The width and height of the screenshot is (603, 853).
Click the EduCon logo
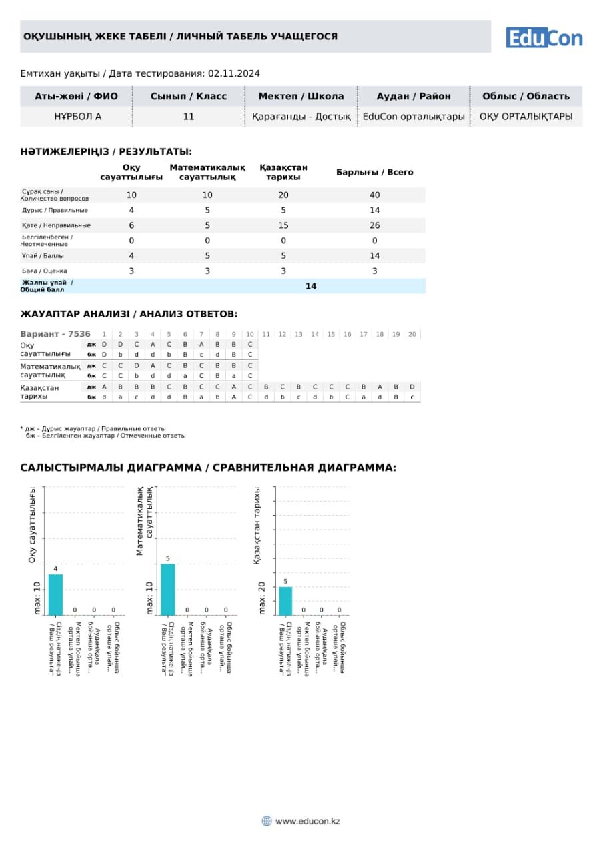[x=544, y=37]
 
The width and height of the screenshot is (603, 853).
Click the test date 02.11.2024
[x=233, y=73]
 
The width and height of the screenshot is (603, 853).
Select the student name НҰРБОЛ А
[x=77, y=117]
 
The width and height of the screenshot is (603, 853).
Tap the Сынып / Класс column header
[x=189, y=96]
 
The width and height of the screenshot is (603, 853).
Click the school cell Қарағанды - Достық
[x=301, y=117]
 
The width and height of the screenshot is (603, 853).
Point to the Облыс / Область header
[x=526, y=96]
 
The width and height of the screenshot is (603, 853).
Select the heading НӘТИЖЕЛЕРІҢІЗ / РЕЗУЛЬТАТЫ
[x=106, y=152]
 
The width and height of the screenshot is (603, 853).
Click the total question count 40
[x=374, y=195]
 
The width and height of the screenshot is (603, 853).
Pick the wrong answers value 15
[x=283, y=225]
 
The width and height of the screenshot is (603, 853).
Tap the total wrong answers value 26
[x=374, y=225]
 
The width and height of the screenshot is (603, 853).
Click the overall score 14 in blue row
[x=311, y=286]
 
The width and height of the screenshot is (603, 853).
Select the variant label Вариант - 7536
[x=55, y=334]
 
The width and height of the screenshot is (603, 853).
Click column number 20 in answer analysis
[x=412, y=334]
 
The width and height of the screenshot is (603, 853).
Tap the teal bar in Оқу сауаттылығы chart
[x=55, y=594]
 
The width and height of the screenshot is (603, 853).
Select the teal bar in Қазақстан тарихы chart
[x=285, y=600]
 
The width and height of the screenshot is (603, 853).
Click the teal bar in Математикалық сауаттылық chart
[x=168, y=589]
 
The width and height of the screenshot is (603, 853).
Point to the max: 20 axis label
[x=262, y=598]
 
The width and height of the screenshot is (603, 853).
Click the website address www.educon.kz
[x=308, y=821]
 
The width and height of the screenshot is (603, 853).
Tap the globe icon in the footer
[x=267, y=821]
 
